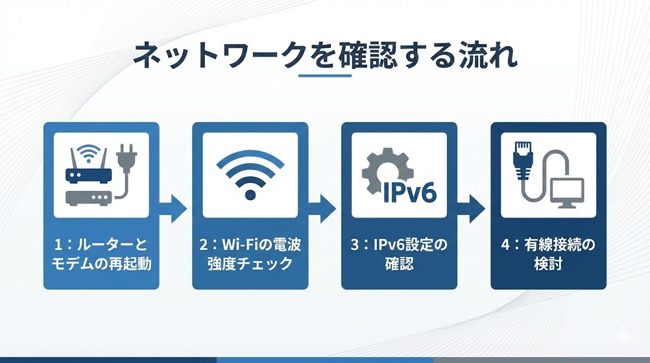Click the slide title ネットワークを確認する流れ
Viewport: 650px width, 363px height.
coord(325,55)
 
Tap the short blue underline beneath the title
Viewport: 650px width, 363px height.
coord(325,76)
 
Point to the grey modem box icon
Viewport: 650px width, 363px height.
coord(89,198)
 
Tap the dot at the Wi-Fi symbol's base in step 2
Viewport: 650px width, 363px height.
coord(250,194)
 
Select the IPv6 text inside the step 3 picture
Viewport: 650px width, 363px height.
coord(409,192)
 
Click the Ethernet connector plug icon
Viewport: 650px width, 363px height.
coord(523,159)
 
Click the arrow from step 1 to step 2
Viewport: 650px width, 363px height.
coord(173,209)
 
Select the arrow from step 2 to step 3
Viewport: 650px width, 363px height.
coord(322,209)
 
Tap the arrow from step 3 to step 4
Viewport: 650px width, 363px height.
coord(471,209)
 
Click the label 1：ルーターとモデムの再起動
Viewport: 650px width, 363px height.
coord(101,254)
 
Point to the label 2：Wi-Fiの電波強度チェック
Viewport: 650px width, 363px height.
coord(250,254)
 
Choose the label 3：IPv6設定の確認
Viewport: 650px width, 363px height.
coord(399,254)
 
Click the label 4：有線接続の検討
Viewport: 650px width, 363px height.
coord(548,254)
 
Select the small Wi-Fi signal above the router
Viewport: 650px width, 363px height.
coord(89,154)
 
